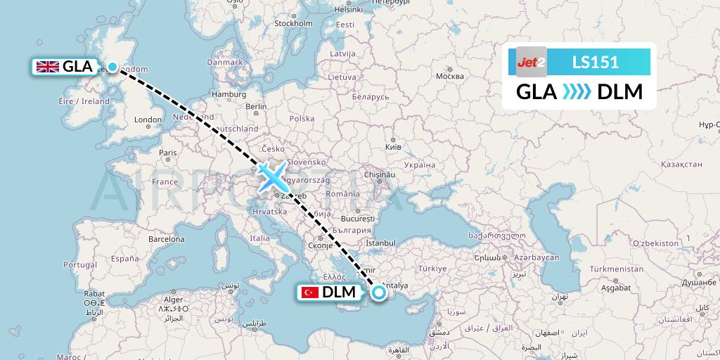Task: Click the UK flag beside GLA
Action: point(48,67)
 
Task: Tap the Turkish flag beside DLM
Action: point(309,292)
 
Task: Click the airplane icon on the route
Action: point(271,176)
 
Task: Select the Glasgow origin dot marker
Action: point(112,67)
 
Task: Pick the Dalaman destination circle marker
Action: point(379,292)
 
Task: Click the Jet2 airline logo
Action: point(532,62)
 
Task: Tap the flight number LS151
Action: point(595,62)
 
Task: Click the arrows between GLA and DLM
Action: point(577,92)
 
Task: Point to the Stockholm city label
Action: point(292,22)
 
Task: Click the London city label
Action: point(148,120)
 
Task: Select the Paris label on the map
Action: point(167,153)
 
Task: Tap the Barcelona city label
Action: point(166,239)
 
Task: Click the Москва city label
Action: point(449,76)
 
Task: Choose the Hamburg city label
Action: point(229,94)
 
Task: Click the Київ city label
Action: point(393,148)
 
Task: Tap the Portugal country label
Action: point(79,264)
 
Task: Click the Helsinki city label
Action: point(348,10)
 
